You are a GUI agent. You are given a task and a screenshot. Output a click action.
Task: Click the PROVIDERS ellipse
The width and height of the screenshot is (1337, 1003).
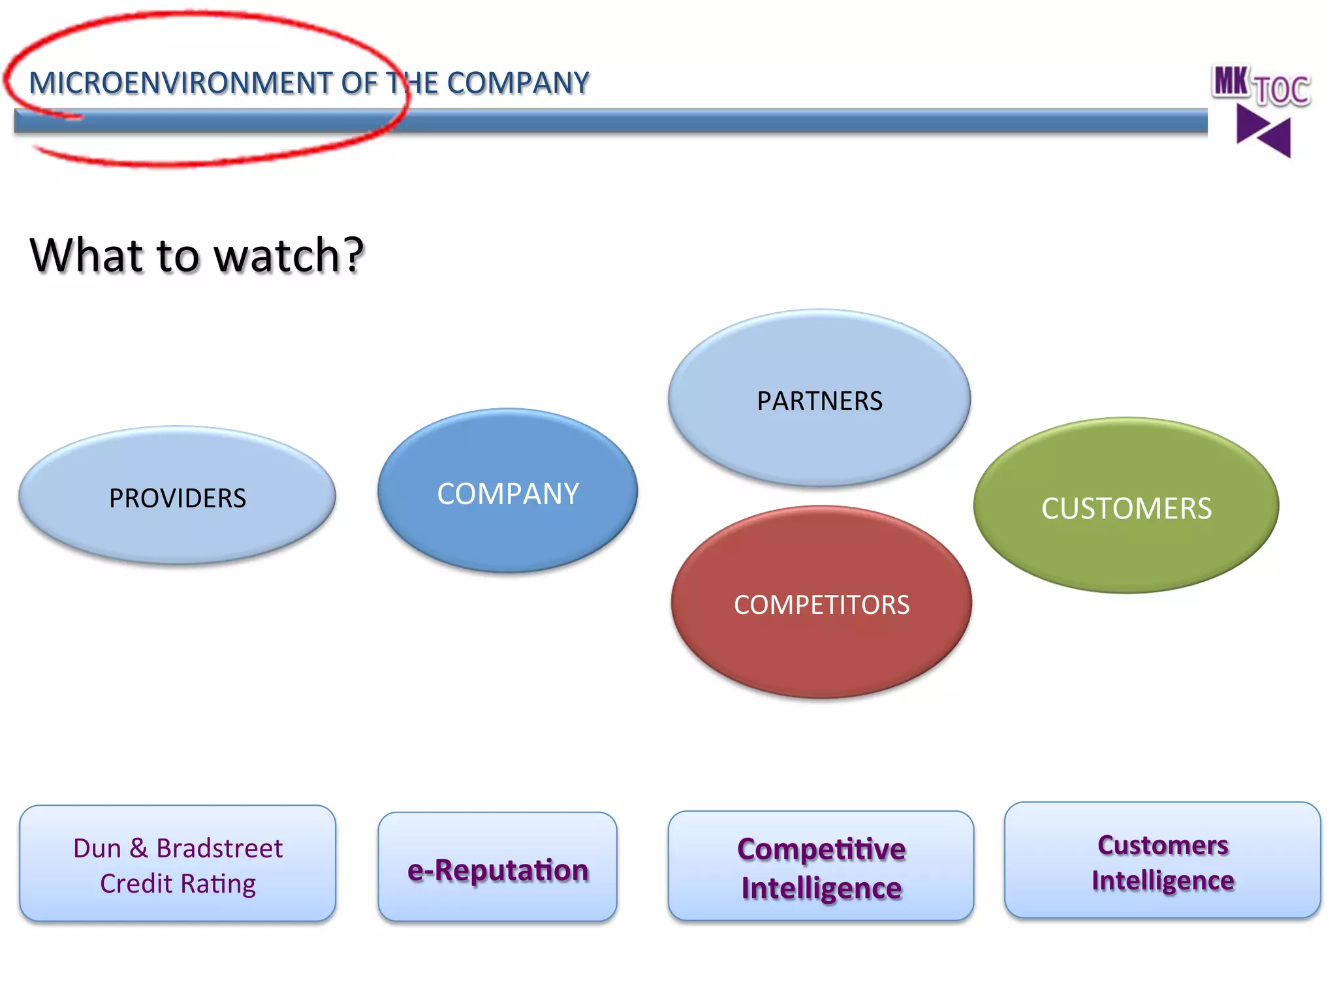pos(177,496)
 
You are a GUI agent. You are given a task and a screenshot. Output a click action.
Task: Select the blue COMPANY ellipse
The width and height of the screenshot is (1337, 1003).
pos(507,492)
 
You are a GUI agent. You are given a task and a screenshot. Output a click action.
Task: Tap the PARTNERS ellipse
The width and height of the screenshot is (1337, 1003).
pos(819,399)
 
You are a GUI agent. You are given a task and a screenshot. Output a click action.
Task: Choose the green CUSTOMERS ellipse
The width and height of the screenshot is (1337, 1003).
pos(1125,506)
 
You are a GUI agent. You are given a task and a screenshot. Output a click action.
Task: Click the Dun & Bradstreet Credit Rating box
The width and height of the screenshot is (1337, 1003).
pos(177,865)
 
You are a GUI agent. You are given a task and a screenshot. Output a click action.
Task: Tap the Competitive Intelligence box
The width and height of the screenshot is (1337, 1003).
pos(821,867)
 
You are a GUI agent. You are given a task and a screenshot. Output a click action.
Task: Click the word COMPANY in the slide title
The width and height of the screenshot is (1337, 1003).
pos(518,84)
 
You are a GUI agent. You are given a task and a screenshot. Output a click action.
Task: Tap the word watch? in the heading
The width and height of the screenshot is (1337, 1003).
pos(289,255)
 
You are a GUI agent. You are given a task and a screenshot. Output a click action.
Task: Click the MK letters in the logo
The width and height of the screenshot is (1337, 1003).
pos(1230,82)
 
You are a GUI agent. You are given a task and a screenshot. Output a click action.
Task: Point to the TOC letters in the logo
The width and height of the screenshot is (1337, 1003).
pos(1282,91)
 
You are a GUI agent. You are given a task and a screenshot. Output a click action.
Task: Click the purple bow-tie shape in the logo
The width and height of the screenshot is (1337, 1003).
pos(1264,131)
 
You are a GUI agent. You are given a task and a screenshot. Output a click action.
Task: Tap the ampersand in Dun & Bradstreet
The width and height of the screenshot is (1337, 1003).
pos(138,848)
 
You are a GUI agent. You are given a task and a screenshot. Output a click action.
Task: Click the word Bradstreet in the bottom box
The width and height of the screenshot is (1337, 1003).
pos(219,848)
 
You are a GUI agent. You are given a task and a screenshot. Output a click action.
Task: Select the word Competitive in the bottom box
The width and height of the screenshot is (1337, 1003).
pos(821,849)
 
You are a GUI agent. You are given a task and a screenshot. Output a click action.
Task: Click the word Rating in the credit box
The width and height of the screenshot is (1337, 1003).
pos(218,884)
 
